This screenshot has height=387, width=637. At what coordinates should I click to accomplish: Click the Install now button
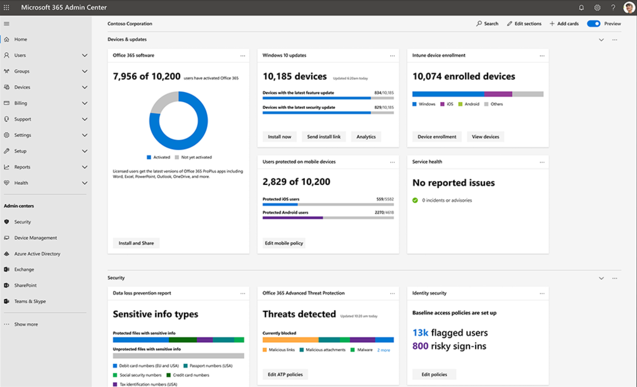coord(279,137)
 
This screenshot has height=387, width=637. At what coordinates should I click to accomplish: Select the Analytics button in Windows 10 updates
coord(366,137)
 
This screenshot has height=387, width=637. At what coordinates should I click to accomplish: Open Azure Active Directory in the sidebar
coord(37,254)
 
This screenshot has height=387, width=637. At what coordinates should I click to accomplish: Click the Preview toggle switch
coord(593,24)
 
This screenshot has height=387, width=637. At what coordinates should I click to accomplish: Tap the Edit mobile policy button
coord(284,243)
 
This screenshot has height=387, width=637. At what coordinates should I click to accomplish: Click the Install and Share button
coord(136,243)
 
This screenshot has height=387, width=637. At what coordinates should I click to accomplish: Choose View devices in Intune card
coord(485,137)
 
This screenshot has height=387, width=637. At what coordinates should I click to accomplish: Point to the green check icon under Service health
coord(415,200)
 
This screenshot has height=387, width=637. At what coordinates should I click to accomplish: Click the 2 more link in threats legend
coord(383,350)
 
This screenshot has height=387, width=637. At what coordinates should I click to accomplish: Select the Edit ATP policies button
coord(285,374)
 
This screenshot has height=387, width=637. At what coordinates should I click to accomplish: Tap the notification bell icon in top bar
coord(581,8)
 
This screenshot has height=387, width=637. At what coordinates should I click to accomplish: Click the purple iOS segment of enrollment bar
coord(498,94)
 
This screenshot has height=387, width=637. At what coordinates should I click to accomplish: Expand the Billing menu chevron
coord(85,103)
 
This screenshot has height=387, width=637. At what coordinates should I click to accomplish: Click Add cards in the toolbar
coord(564,24)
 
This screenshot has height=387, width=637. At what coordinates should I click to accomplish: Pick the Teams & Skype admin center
coord(30,301)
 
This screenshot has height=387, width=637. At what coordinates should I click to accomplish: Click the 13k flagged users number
coord(420,333)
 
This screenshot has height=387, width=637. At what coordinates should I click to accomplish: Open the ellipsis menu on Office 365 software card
coord(243,56)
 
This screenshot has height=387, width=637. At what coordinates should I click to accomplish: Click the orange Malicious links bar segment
coord(290,340)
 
